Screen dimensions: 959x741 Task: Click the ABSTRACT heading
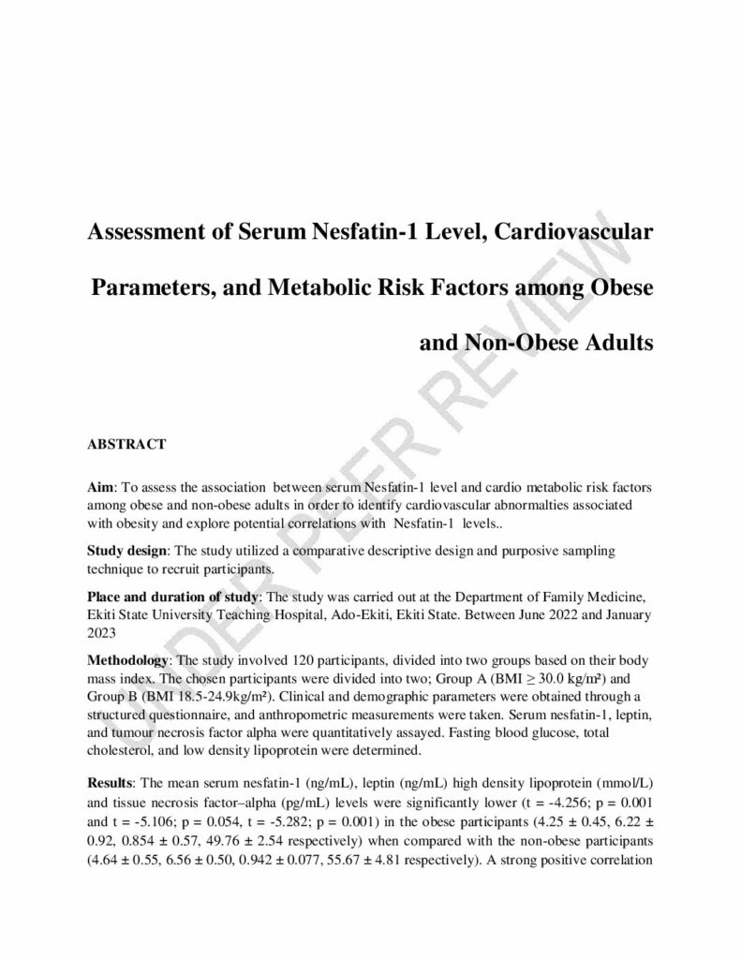tap(126, 445)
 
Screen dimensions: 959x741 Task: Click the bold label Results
tap(110, 781)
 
